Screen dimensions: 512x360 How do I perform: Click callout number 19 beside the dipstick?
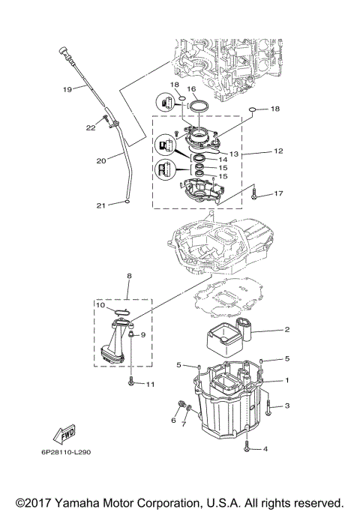67,89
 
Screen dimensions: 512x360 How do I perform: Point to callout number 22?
90,128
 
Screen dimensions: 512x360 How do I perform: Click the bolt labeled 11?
132,382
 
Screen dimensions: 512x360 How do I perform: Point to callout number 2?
286,329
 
